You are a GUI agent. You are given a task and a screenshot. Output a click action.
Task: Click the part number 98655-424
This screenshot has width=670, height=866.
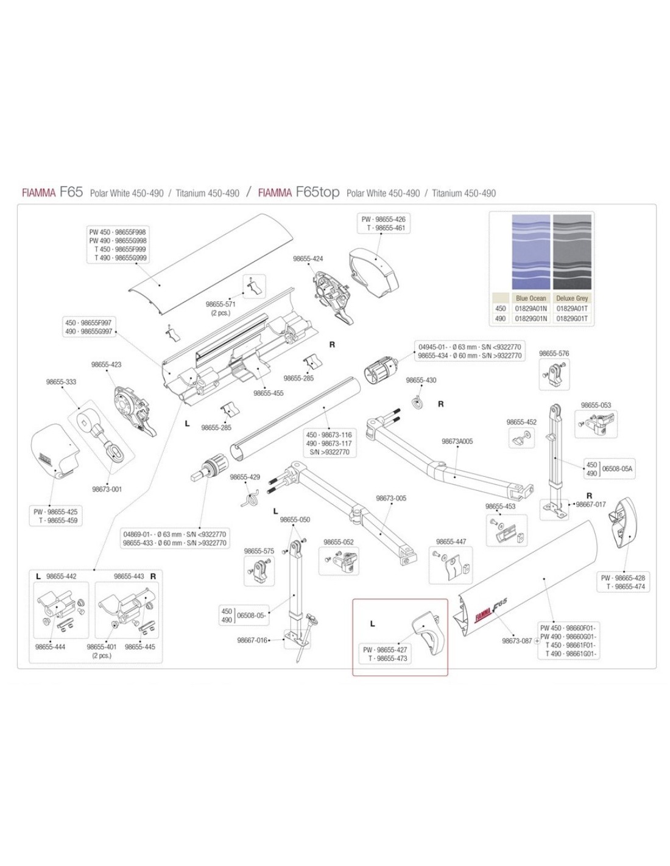click(x=308, y=259)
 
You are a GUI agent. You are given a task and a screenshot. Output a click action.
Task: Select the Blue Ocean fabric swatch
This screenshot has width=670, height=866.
click(x=531, y=252)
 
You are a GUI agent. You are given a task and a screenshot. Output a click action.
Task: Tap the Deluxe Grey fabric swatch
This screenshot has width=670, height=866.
click(x=572, y=252)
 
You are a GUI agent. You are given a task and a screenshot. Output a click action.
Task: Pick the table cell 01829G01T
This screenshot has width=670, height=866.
click(x=572, y=319)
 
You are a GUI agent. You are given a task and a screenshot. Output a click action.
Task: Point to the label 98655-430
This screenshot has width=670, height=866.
click(x=421, y=381)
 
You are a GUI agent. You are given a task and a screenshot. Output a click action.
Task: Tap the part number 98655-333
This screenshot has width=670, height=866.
click(x=62, y=382)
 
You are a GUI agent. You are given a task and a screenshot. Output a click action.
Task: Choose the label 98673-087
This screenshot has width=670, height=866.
click(x=517, y=641)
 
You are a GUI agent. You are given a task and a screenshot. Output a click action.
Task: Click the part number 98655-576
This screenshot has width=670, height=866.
click(x=554, y=354)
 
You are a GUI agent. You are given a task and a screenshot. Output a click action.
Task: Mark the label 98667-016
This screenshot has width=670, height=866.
click(x=252, y=640)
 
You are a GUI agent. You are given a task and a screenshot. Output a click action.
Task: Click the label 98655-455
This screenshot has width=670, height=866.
click(x=269, y=393)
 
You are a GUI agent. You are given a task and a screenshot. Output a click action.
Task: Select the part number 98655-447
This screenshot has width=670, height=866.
click(x=451, y=541)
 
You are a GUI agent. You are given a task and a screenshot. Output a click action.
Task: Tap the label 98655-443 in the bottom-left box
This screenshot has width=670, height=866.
click(x=129, y=576)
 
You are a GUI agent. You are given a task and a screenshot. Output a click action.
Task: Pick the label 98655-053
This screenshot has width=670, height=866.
click(x=596, y=405)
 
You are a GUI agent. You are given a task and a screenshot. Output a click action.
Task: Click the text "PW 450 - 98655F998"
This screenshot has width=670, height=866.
click(x=118, y=233)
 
